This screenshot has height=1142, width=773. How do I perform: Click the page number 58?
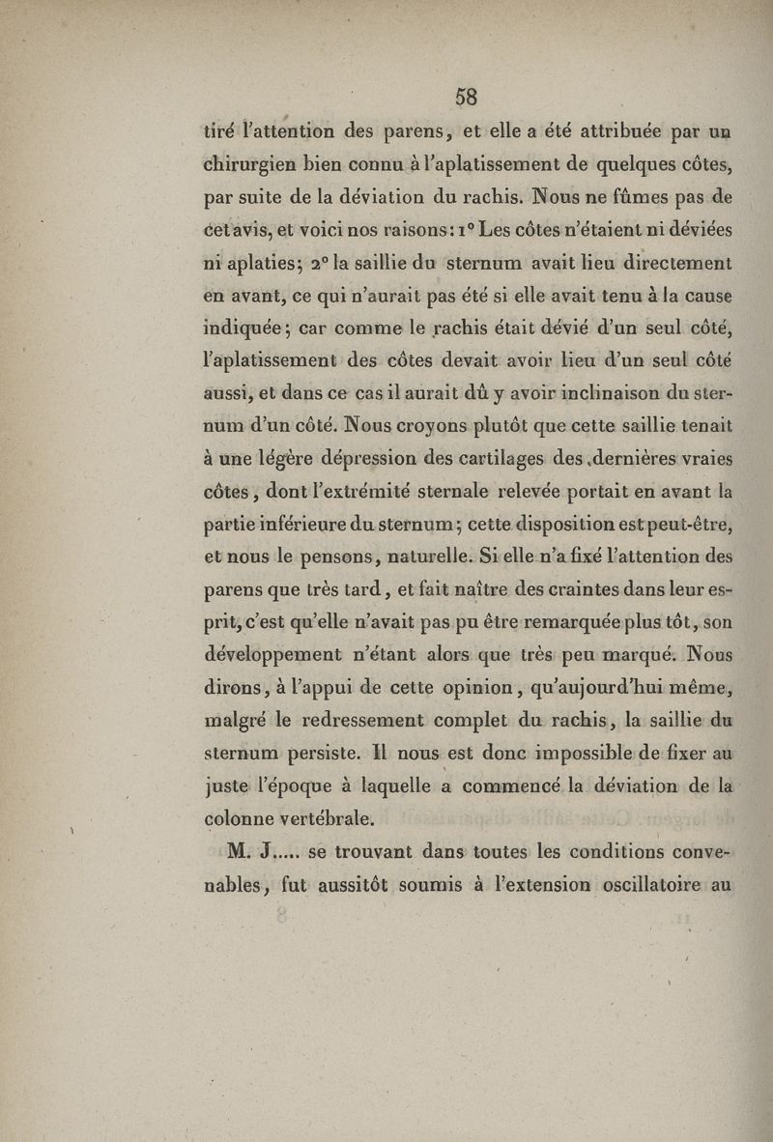click(x=467, y=96)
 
